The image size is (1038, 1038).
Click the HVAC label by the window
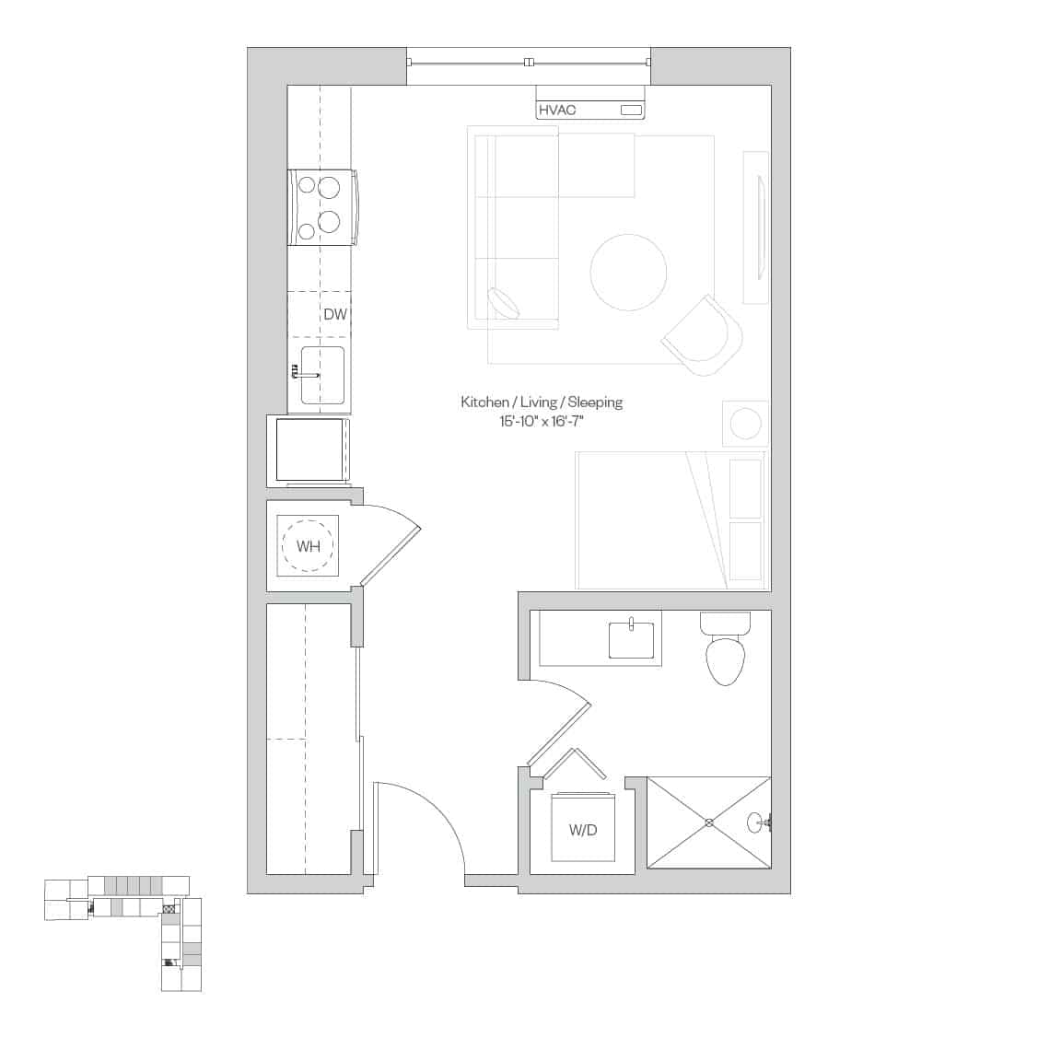(x=557, y=111)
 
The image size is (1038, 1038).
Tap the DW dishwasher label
(x=335, y=315)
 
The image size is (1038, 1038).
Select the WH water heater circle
(x=308, y=546)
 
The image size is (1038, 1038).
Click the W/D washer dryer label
(x=582, y=830)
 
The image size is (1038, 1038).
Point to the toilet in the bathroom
(x=726, y=655)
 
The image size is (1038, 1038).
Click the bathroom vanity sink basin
(x=631, y=641)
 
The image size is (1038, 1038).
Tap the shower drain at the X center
(x=709, y=822)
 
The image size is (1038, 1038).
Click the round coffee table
(x=628, y=273)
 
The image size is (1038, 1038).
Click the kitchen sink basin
(x=323, y=375)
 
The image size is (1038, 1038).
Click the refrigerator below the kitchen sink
(x=309, y=450)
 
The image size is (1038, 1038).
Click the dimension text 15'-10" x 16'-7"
(x=542, y=422)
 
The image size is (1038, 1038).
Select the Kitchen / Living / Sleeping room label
(x=542, y=402)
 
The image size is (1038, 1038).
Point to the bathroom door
(x=559, y=733)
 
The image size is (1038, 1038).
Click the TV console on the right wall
(x=756, y=227)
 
